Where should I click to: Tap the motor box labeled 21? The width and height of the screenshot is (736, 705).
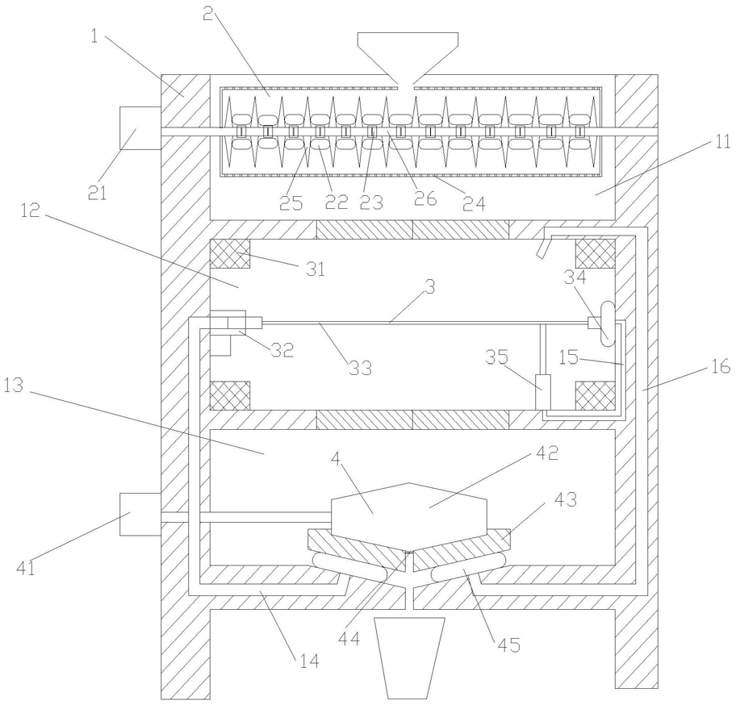[x=140, y=128]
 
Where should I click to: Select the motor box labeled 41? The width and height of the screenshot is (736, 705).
[x=140, y=514]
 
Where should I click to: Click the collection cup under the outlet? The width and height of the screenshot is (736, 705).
[x=409, y=657]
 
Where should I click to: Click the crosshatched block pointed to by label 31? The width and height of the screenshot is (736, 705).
[x=229, y=253]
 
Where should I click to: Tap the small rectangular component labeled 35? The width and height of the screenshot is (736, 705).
[x=544, y=392]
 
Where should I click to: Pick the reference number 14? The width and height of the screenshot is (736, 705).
[x=309, y=661]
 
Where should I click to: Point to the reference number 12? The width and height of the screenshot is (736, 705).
[x=30, y=211]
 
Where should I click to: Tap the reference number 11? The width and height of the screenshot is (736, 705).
[x=721, y=141]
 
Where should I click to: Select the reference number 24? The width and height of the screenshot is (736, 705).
[x=474, y=203]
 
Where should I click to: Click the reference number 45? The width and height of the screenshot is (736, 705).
[x=508, y=645]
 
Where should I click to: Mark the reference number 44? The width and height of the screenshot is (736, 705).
[x=349, y=638]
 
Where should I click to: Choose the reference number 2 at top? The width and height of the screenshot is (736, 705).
[x=208, y=14]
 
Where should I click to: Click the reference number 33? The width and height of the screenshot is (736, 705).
[x=360, y=368]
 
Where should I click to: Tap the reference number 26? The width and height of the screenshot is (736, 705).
[x=424, y=199]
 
